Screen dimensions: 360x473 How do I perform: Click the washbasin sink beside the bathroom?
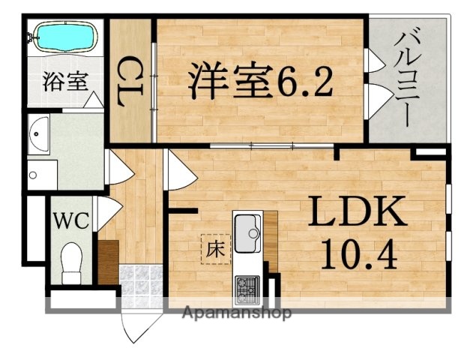tap(40, 135)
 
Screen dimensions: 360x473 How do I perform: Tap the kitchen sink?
tap(247, 232)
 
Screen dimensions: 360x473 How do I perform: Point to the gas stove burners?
tap(247, 286)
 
